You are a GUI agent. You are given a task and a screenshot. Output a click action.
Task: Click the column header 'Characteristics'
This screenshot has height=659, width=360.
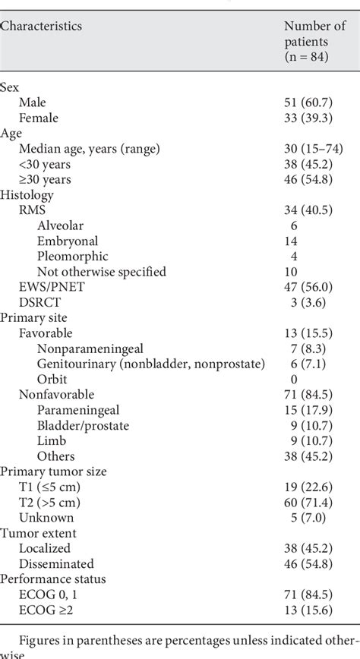(41, 26)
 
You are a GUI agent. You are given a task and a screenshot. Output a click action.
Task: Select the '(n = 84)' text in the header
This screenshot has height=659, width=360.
(302, 56)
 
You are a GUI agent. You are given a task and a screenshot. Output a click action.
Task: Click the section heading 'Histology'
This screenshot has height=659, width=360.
(27, 195)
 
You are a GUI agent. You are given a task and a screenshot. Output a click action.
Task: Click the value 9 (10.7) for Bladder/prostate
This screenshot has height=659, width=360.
(302, 425)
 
